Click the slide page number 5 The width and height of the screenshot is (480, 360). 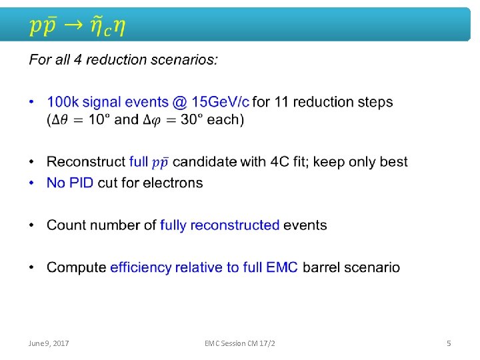pyautogui.click(x=449, y=343)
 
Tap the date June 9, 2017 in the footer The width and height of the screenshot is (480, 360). pyautogui.click(x=49, y=343)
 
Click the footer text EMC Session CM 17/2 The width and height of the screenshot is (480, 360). pyautogui.click(x=240, y=343)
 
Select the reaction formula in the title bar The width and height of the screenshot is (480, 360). pyautogui.click(x=77, y=26)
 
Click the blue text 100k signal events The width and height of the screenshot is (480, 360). pyautogui.click(x=107, y=102)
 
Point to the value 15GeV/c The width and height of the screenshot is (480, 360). pyautogui.click(x=220, y=102)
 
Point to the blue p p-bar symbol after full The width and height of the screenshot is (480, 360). pyautogui.click(x=160, y=163)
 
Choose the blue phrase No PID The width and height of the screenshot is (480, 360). pyautogui.click(x=70, y=183)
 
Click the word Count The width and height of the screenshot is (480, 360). pyautogui.click(x=65, y=225)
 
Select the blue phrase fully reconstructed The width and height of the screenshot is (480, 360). pyautogui.click(x=219, y=225)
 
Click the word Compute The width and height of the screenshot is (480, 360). pyautogui.click(x=76, y=267)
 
